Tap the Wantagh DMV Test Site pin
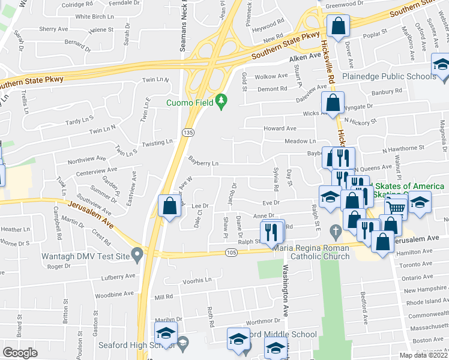tap(137, 256)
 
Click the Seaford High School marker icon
tap(184, 343)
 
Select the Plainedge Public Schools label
tap(388, 76)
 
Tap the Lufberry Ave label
tap(118, 277)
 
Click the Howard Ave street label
tap(280, 128)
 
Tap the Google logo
tap(20, 353)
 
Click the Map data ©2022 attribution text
tap(423, 355)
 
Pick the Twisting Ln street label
tap(157, 142)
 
